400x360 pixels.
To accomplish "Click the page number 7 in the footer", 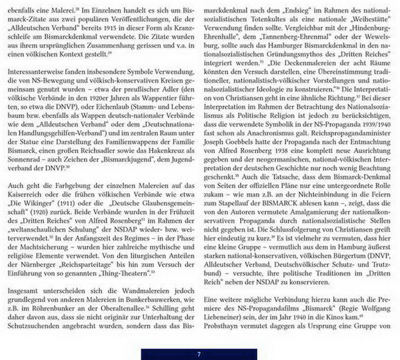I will coord(199,354).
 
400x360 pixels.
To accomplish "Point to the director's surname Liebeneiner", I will coord(221,317).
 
